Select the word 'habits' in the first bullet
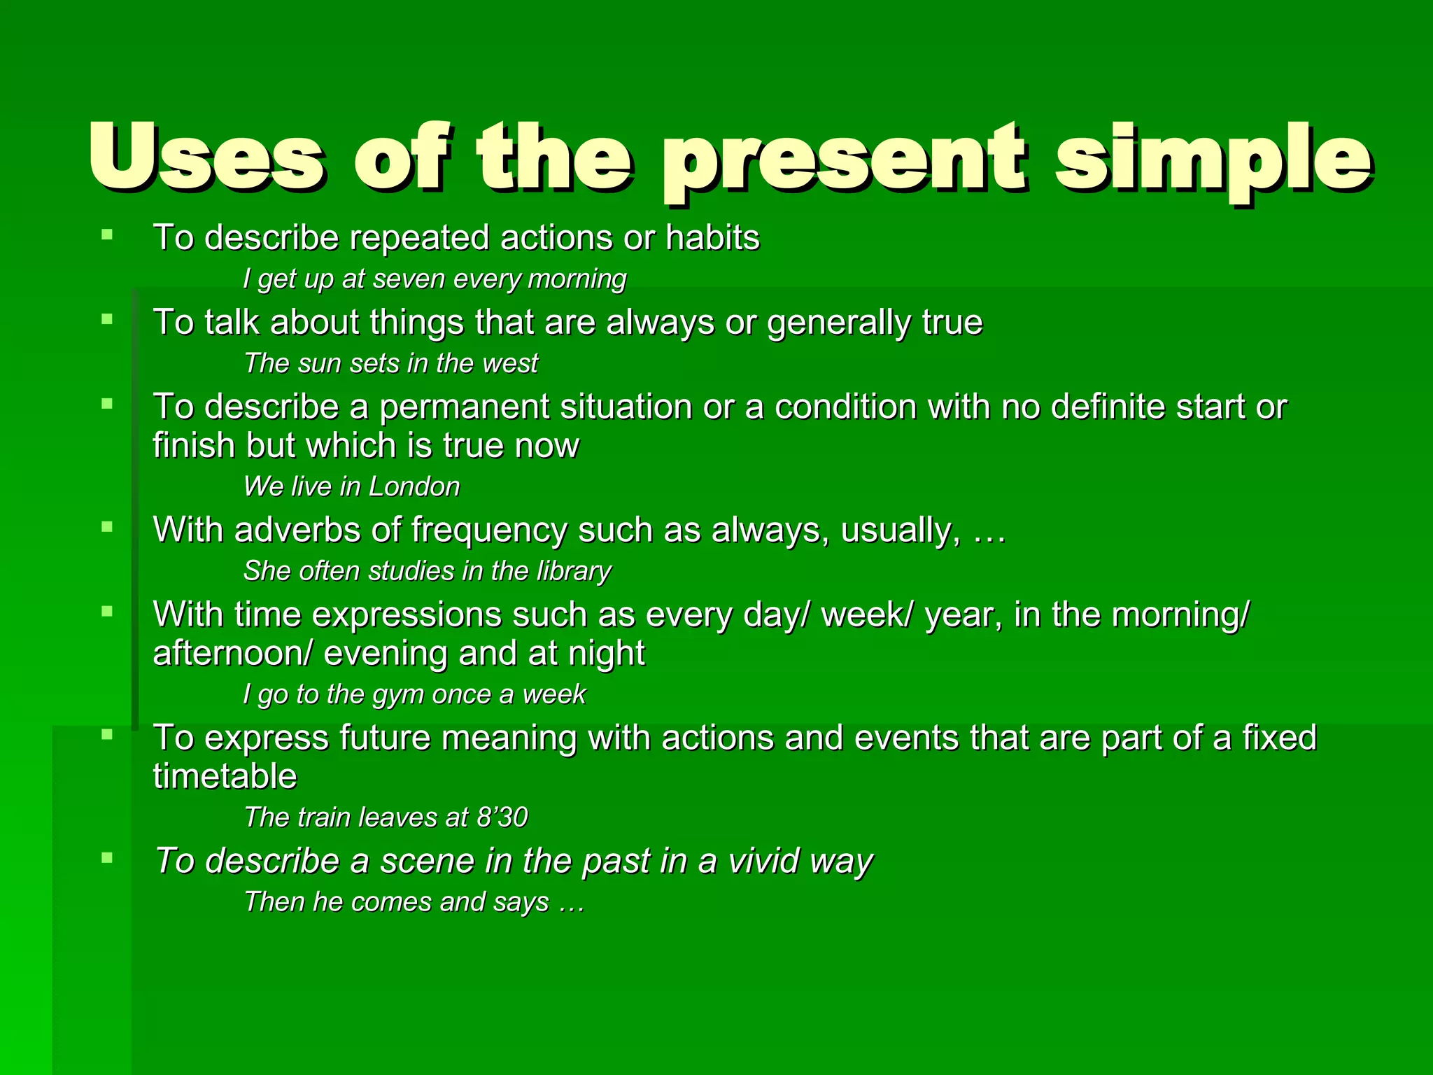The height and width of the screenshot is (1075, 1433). (712, 237)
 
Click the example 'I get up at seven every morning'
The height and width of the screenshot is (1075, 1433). (435, 279)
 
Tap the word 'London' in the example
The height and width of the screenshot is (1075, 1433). (414, 486)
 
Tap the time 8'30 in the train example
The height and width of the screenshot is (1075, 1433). (502, 817)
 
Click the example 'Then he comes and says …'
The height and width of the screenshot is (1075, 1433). (414, 902)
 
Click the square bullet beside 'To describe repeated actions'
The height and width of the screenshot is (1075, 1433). (107, 235)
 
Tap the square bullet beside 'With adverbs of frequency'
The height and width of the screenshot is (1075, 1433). (107, 527)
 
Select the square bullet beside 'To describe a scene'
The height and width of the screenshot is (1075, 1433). (107, 858)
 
